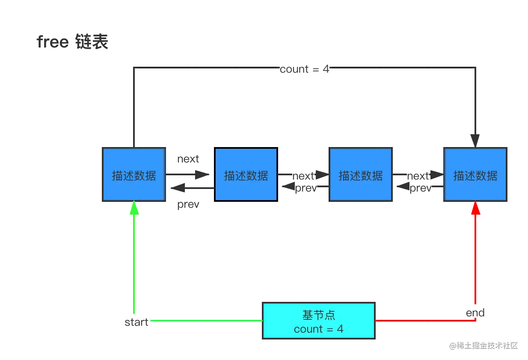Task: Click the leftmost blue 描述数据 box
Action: click(133, 174)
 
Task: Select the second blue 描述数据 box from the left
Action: click(246, 174)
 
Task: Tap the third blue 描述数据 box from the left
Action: click(360, 174)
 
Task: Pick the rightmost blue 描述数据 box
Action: click(475, 174)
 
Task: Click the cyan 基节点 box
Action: click(319, 322)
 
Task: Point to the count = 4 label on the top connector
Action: click(305, 69)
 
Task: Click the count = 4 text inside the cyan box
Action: click(319, 329)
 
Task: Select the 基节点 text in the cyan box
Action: click(319, 315)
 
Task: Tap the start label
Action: click(136, 322)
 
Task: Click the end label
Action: click(475, 313)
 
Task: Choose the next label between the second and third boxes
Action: click(304, 176)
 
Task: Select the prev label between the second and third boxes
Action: click(306, 188)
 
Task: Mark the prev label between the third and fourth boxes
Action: click(421, 188)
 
